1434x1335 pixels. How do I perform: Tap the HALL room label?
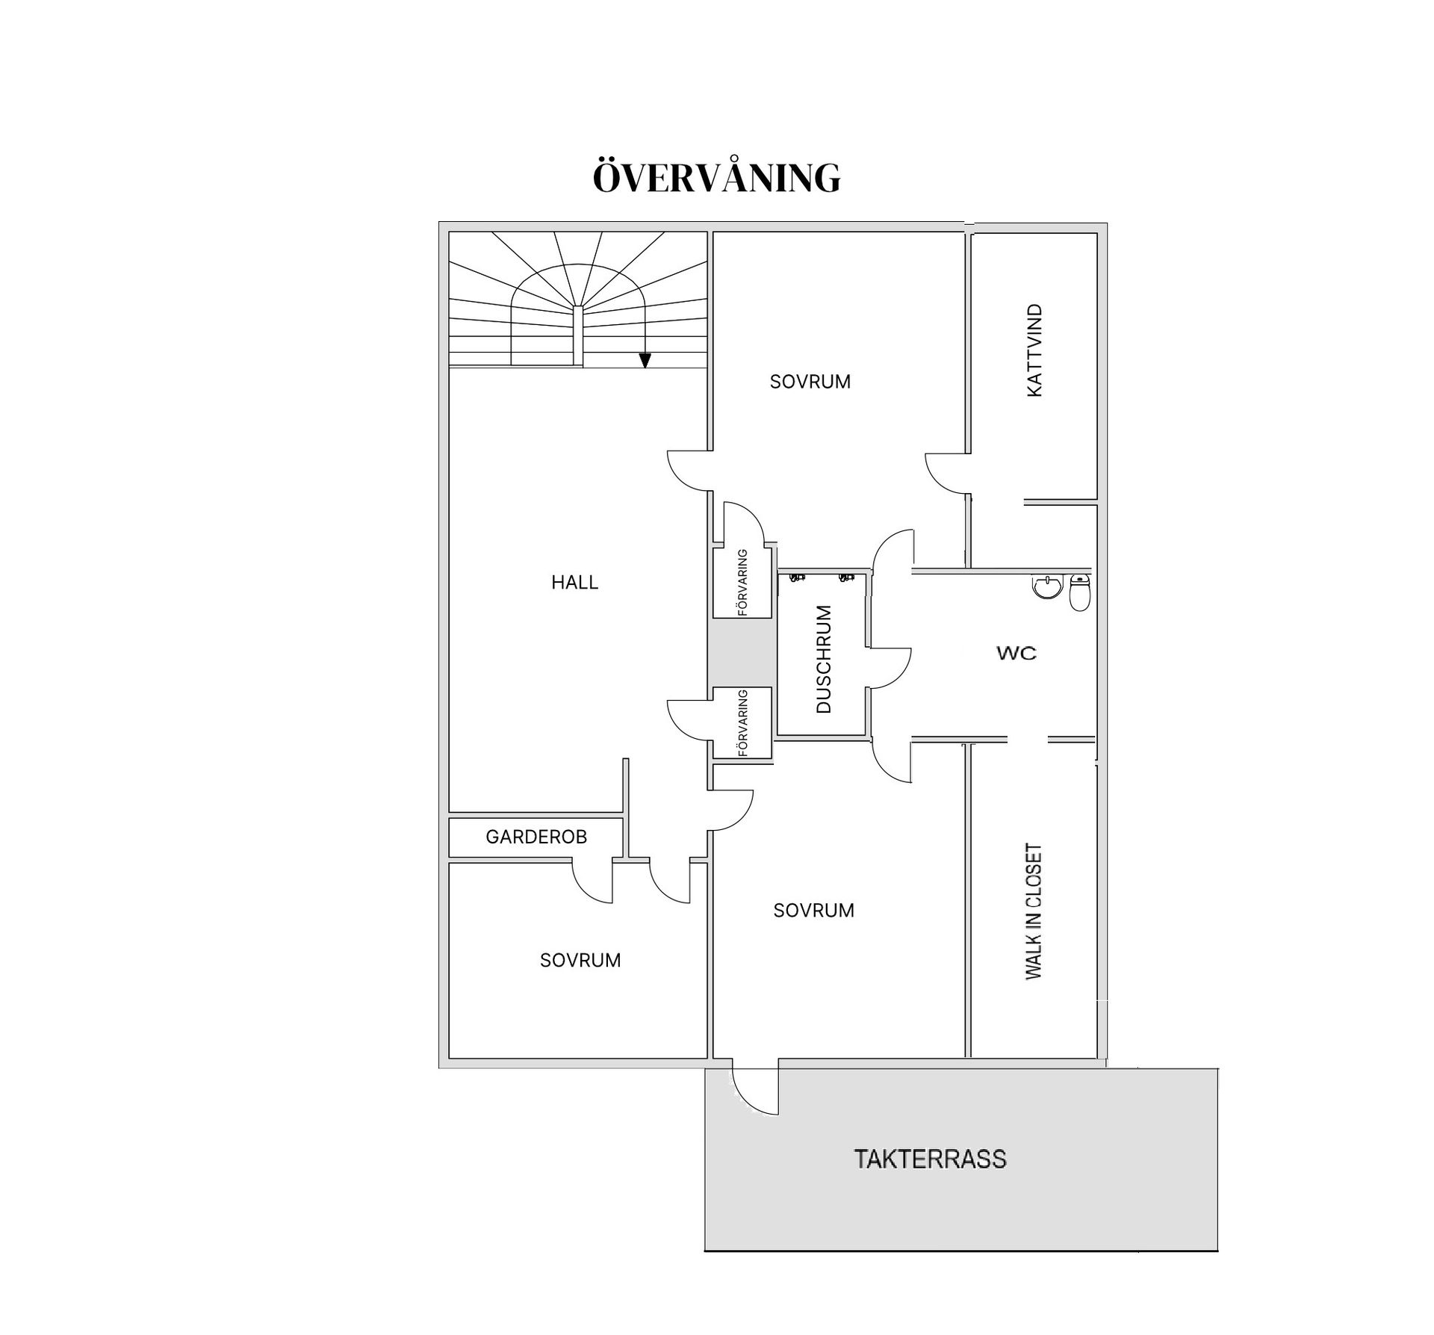575,583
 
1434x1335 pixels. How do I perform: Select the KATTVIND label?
1034,350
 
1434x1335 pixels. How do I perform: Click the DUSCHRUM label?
823,659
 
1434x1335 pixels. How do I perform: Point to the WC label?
1016,653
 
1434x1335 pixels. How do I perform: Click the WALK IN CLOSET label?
1033,911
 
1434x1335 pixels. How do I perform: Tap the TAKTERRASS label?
930,1159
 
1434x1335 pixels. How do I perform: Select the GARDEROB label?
536,837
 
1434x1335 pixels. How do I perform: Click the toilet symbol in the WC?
1080,593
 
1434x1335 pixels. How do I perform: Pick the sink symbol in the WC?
1047,587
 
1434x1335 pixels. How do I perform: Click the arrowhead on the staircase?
645,361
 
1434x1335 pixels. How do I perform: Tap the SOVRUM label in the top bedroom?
810,382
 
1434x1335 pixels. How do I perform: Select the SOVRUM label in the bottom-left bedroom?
580,960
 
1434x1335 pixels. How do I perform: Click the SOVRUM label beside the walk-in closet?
813,910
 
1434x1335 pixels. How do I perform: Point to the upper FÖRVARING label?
742,583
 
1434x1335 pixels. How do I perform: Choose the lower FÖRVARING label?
742,722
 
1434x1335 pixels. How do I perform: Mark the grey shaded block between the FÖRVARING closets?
741,652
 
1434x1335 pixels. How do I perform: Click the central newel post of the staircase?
577,335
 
